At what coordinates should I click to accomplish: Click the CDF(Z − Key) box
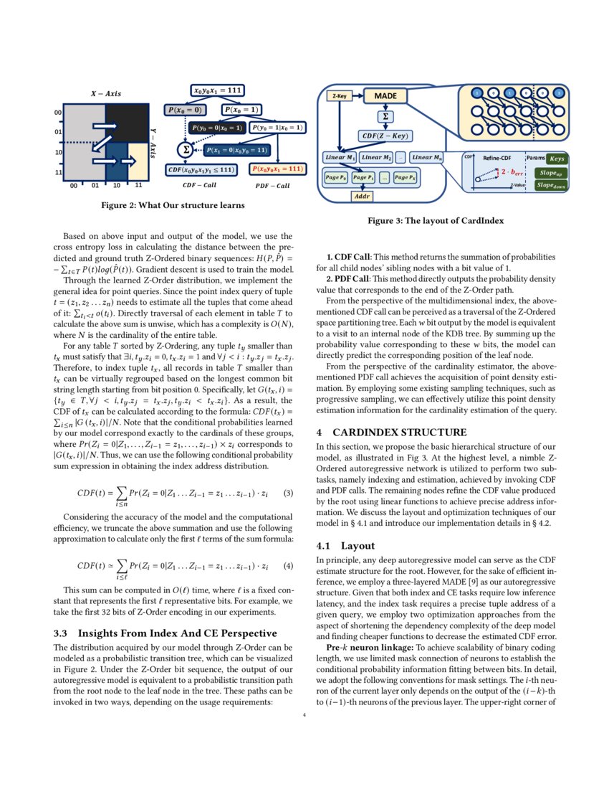385,134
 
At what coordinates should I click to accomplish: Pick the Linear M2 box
377,157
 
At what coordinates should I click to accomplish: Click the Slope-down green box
551,184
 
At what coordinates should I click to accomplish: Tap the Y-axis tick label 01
57,133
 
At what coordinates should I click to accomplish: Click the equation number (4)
287,565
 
